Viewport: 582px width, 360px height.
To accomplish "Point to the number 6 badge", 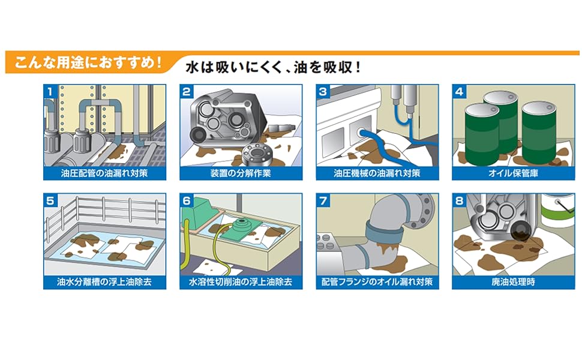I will click(x=187, y=201).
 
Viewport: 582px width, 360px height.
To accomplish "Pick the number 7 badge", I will click(x=323, y=201).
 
